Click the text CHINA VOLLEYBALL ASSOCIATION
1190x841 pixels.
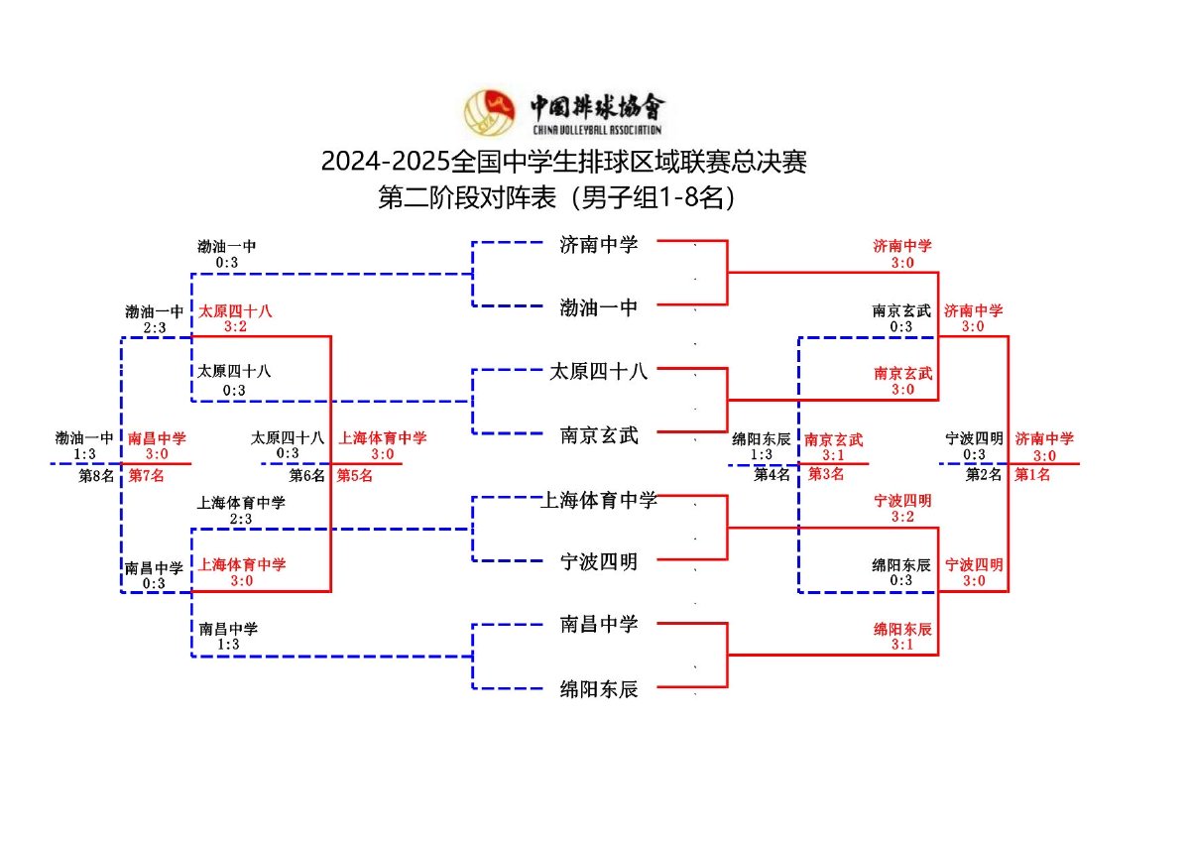[x=597, y=130]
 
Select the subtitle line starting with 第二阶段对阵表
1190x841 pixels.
[x=560, y=198]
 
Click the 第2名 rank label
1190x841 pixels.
[x=984, y=474]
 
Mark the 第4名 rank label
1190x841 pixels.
[x=772, y=474]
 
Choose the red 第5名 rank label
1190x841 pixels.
[x=354, y=475]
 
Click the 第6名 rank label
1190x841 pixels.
[x=307, y=475]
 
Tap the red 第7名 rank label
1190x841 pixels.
[x=146, y=475]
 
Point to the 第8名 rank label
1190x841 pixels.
[x=98, y=475]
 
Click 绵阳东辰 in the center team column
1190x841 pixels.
[x=599, y=689]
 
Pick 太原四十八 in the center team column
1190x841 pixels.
[x=599, y=372]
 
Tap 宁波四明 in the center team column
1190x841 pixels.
[x=599, y=562]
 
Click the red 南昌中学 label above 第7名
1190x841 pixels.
[x=157, y=438]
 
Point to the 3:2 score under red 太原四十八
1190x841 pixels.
[x=235, y=326]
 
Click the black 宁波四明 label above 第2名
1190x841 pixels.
[x=975, y=438]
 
